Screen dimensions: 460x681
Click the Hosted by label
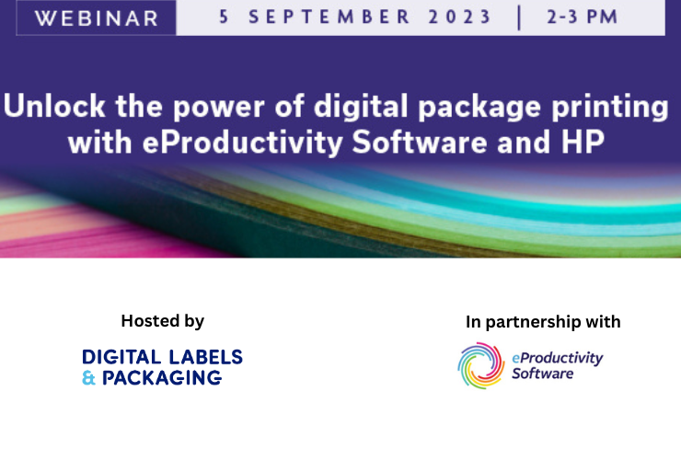click(x=162, y=321)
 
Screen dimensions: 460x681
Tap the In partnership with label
click(x=543, y=322)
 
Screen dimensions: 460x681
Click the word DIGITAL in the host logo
click(x=121, y=357)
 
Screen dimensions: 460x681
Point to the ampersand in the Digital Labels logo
click(x=88, y=377)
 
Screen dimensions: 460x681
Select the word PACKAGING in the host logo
click(x=163, y=377)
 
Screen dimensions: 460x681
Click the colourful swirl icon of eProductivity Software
click(x=480, y=365)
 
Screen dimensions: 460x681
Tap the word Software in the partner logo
click(x=543, y=374)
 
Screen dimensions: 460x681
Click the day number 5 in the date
click(x=220, y=16)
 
